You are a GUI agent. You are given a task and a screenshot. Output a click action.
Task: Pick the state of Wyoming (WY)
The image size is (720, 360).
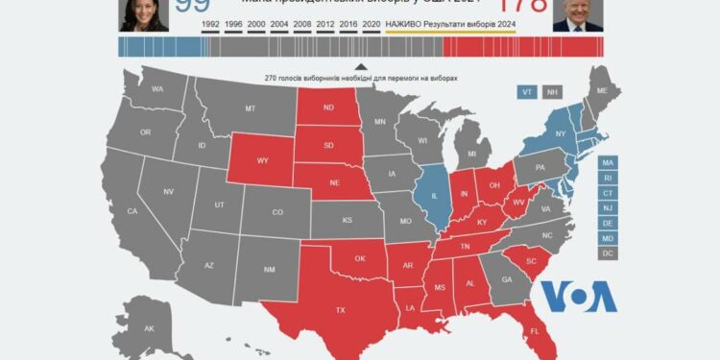click(262, 160)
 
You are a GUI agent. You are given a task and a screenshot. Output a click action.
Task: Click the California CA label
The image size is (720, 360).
click(132, 211)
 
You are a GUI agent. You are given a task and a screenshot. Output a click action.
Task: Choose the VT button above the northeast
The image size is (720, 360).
click(526, 92)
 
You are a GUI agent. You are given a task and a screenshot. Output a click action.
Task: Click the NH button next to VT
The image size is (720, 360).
click(552, 92)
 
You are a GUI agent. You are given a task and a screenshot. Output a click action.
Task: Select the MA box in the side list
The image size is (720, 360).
click(607, 163)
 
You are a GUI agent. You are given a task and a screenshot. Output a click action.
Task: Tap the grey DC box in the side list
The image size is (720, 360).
click(607, 252)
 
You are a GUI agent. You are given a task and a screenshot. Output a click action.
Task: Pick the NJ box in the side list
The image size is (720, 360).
click(607, 208)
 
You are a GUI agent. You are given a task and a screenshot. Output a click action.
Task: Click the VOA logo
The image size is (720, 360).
click(578, 297)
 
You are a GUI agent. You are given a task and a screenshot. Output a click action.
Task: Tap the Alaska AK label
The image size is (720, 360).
click(149, 329)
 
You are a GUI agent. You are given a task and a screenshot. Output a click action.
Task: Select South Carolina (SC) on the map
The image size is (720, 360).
click(529, 262)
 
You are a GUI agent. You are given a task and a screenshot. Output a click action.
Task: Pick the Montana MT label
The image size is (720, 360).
click(250, 108)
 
